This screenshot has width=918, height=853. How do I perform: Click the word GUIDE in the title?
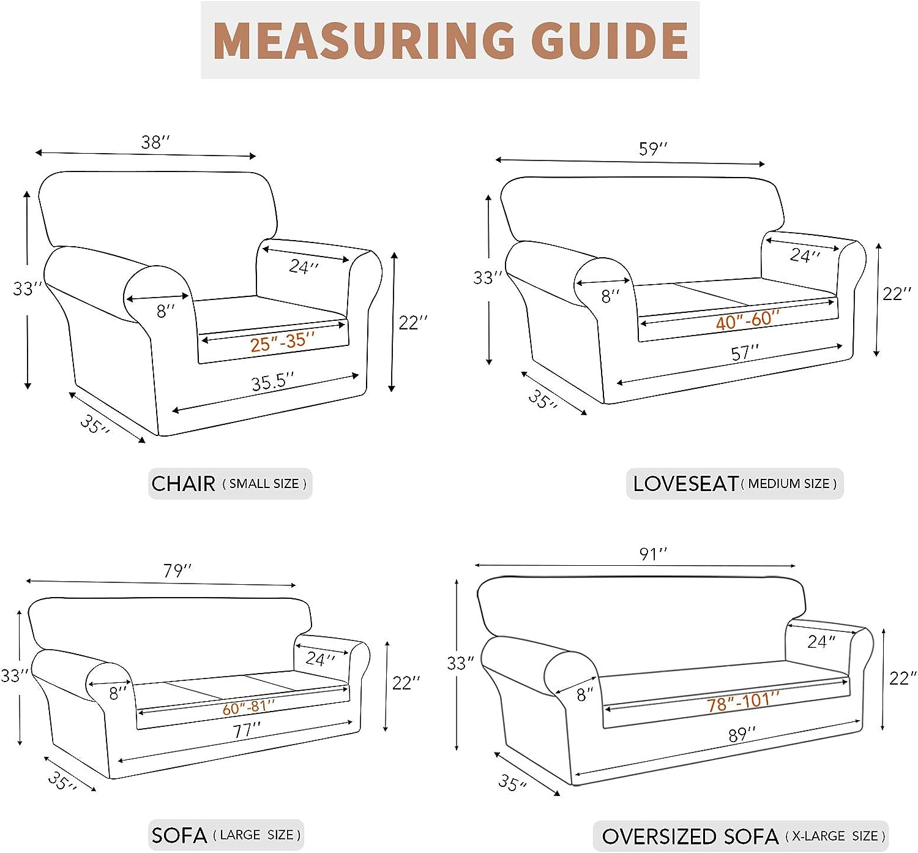point(610,40)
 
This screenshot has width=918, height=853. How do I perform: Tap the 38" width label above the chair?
point(155,142)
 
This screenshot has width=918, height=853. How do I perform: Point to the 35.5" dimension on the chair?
point(272,382)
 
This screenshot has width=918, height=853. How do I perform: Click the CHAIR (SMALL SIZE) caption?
point(229,484)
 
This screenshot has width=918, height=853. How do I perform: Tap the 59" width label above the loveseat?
point(653,149)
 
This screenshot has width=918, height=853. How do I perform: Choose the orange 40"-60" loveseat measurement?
point(748,320)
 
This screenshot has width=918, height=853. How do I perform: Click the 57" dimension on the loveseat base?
point(745,353)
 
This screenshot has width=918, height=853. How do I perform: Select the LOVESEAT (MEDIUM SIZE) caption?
point(734,484)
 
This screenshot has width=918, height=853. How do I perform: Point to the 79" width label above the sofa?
point(177,571)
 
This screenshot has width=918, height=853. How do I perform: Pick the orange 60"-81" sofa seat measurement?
point(248,708)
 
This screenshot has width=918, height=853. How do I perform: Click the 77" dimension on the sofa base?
point(247,731)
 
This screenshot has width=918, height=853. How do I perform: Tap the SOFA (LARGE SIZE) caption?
point(226,835)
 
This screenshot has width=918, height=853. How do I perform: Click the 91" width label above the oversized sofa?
point(653,554)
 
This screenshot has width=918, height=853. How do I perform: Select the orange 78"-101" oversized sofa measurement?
point(743,701)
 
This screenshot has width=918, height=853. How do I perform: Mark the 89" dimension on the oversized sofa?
point(742,734)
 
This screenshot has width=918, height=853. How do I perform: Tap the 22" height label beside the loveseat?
point(897,294)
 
